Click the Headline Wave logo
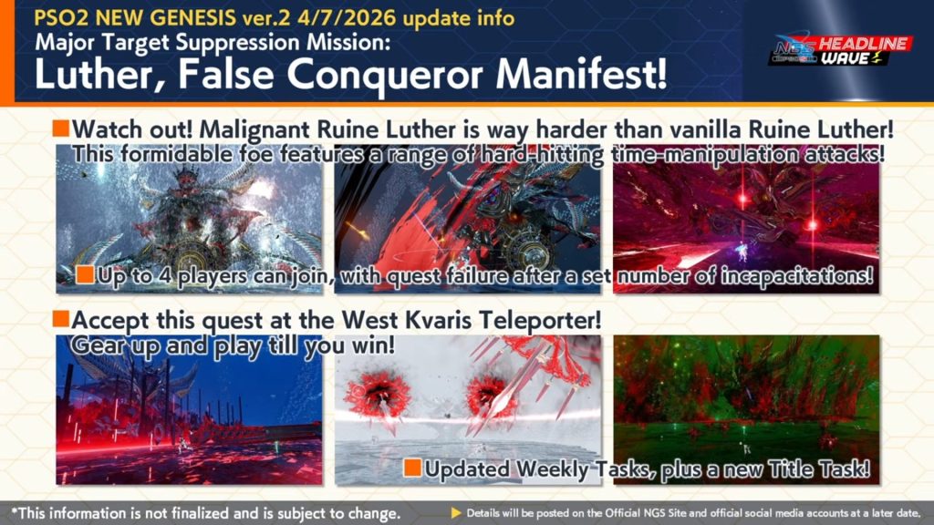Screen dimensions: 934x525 840,50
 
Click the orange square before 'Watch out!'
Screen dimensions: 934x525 61,128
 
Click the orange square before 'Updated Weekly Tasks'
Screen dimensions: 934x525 412,468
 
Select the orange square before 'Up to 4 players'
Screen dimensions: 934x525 85,274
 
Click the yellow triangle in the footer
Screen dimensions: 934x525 456,512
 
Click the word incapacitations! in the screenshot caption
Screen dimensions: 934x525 797,276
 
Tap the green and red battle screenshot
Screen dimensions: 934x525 746,409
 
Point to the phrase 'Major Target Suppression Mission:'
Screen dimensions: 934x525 213,43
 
